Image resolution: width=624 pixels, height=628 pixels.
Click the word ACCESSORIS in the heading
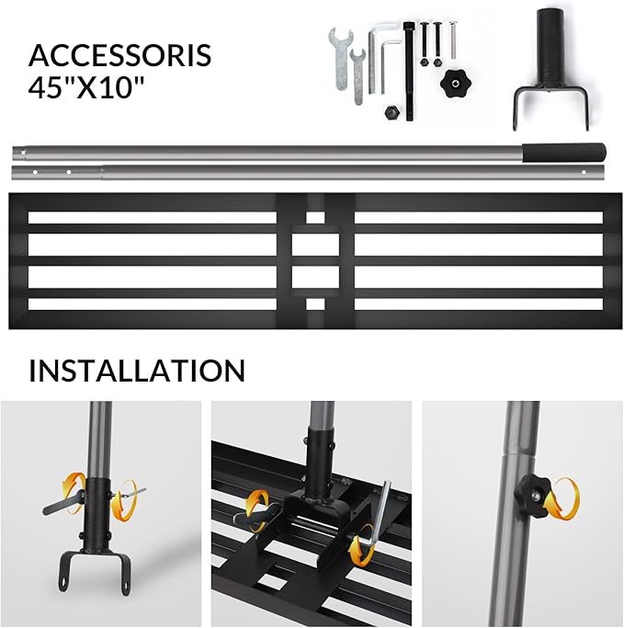coord(119,55)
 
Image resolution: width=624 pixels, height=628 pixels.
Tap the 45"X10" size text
coord(86,86)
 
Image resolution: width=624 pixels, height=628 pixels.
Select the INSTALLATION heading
coord(137,371)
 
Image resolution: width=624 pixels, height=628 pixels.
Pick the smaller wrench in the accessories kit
coord(357,76)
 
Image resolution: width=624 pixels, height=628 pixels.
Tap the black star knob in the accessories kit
coord(455,83)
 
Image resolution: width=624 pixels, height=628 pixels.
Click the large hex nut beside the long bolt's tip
coord(391,112)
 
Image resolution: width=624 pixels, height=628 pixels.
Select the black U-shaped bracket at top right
coord(551,68)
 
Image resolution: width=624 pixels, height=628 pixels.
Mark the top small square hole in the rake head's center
coord(315,218)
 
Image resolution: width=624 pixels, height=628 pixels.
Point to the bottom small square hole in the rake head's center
coord(315,304)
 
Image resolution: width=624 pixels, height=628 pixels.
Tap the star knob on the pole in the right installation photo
coord(534,491)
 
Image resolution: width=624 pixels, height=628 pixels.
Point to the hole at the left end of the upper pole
coord(23,153)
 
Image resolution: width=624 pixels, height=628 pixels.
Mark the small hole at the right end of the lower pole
coord(584,172)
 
